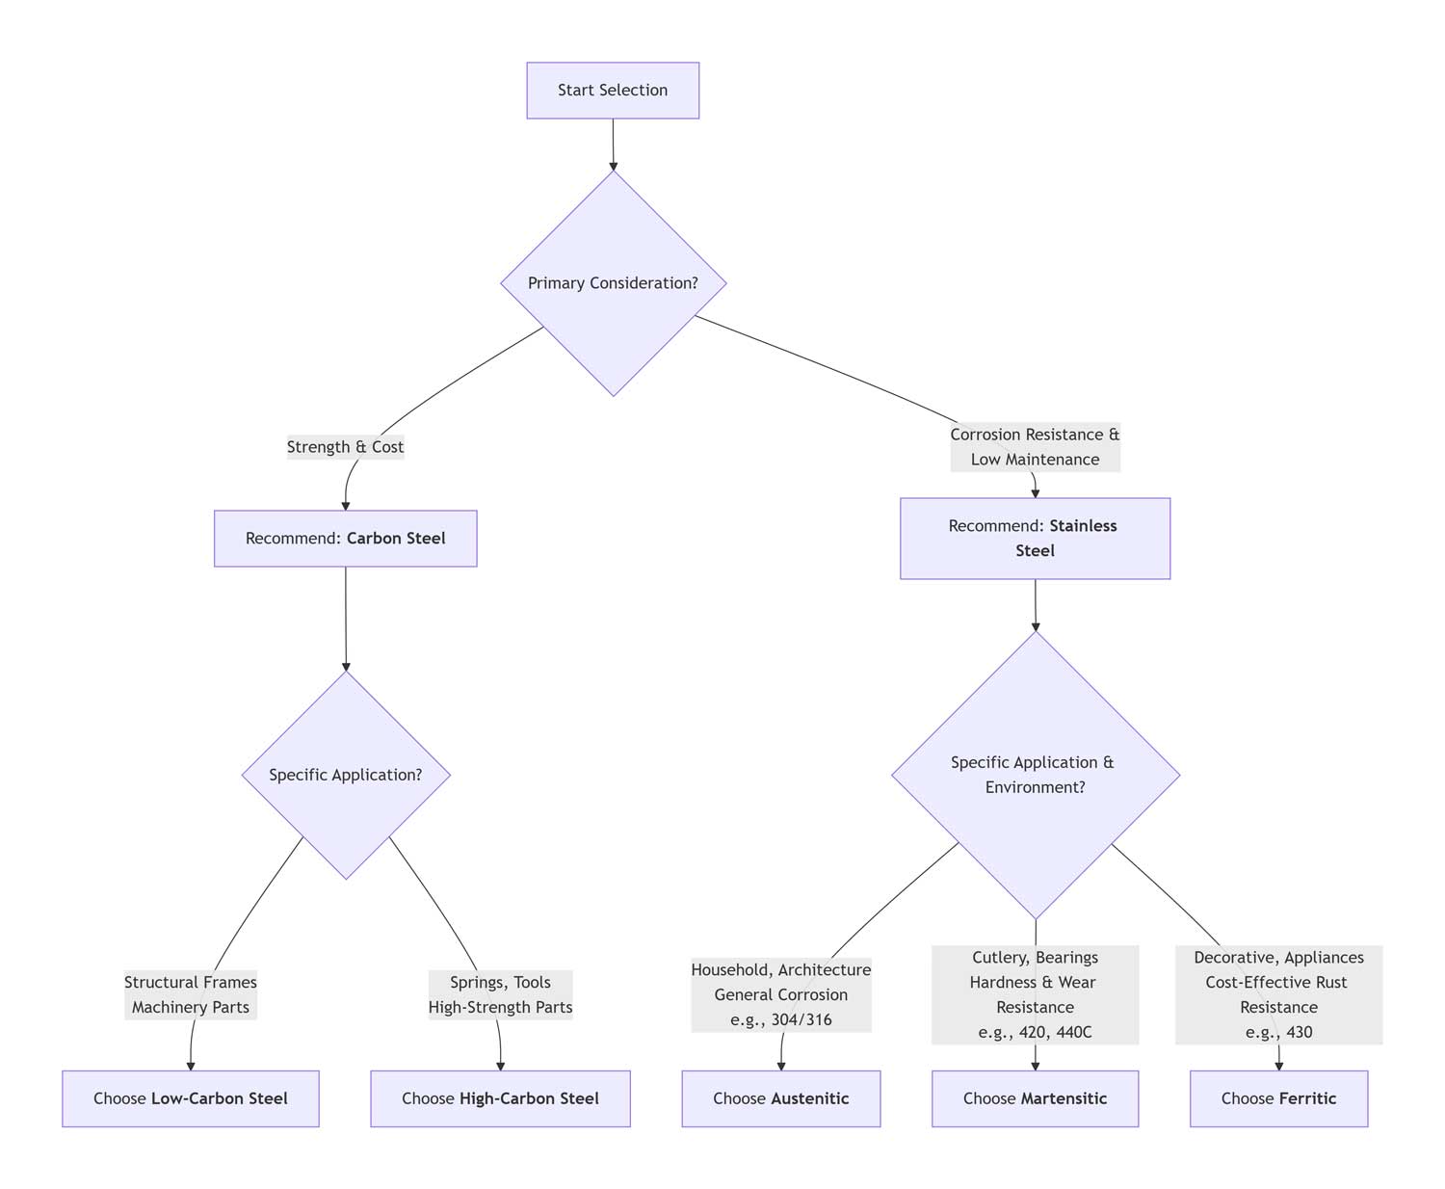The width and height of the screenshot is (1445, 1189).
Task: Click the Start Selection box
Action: [x=613, y=91]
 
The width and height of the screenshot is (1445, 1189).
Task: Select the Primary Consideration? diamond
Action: [x=613, y=283]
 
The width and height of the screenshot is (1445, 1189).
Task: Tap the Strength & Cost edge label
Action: [x=345, y=447]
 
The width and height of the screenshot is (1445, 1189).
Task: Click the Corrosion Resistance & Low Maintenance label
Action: [x=1035, y=447]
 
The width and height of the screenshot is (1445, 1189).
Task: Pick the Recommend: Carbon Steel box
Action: [x=345, y=539]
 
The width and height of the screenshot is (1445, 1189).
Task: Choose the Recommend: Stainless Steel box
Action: [x=1035, y=539]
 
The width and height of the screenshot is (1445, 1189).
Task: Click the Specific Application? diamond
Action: [x=345, y=775]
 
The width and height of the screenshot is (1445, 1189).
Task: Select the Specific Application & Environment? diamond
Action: [x=1035, y=775]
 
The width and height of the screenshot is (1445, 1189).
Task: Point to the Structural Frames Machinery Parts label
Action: [x=191, y=995]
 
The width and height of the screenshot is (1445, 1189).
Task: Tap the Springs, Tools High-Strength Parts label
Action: [x=500, y=995]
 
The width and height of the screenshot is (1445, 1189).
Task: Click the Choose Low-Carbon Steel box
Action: [x=191, y=1098]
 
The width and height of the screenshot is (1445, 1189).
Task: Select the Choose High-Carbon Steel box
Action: [x=500, y=1098]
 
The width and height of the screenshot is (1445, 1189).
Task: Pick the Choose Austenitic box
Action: [x=780, y=1098]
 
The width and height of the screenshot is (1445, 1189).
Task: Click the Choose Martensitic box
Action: [x=1035, y=1098]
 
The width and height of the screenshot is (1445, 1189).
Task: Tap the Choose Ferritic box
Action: [x=1278, y=1098]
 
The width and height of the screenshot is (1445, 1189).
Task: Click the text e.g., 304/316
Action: [x=780, y=1019]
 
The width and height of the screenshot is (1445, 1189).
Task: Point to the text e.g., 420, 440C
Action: [x=1035, y=1032]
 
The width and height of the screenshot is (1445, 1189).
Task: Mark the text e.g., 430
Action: [x=1278, y=1032]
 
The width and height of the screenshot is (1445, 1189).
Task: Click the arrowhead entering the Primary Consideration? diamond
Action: [x=613, y=166]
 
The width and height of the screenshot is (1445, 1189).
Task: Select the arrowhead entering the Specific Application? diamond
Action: [x=345, y=665]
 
